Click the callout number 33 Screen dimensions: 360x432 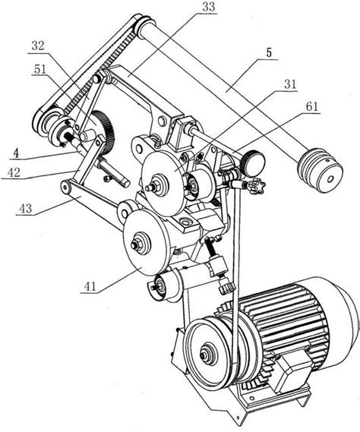click(208, 7)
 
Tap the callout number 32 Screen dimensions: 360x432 click(38, 46)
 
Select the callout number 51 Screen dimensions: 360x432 click(39, 69)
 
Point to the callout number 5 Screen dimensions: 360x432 click(269, 52)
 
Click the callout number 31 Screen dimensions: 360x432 click(289, 84)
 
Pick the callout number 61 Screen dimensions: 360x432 click(311, 106)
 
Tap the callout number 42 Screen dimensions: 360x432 click(14, 172)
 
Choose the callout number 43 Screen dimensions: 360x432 click(25, 209)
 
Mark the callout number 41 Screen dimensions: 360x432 click(90, 286)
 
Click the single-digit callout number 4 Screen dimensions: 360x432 click(16, 153)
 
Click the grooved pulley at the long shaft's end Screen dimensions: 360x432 click(320, 170)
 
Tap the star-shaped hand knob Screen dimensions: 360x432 click(257, 187)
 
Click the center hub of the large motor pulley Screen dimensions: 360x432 click(204, 355)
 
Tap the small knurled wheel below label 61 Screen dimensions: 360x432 click(252, 163)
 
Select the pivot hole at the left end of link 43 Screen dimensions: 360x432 click(65, 187)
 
